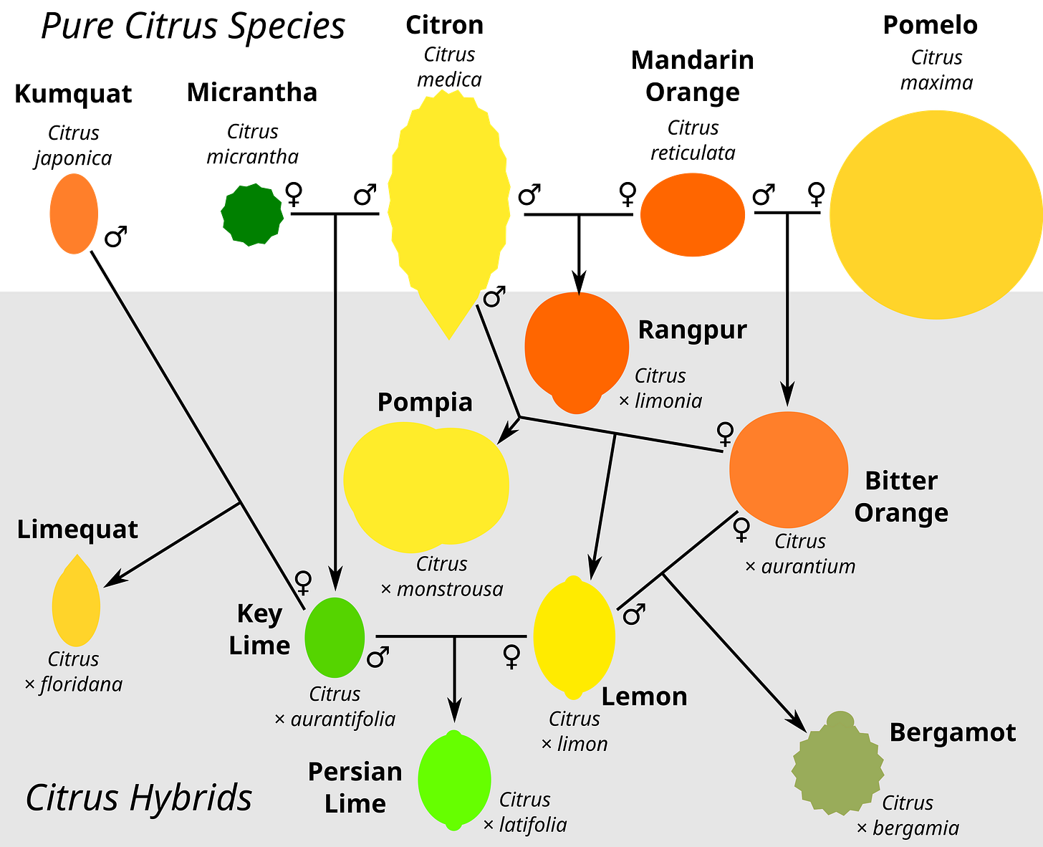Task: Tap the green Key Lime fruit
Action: tap(335, 637)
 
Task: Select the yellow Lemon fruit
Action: tap(574, 637)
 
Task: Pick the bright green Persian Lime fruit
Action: tap(454, 780)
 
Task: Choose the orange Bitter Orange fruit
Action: tap(788, 469)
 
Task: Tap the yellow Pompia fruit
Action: tap(426, 485)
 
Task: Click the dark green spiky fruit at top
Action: tap(252, 214)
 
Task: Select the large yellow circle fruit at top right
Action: tap(935, 214)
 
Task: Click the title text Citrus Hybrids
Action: tap(139, 798)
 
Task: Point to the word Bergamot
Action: tap(952, 732)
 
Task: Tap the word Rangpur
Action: tap(692, 330)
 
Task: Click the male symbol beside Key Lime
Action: tap(378, 656)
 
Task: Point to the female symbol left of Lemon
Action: tap(511, 656)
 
